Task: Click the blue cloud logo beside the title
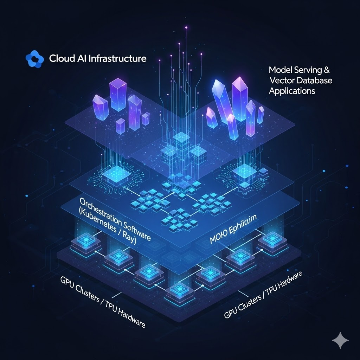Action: pyautogui.click(x=35, y=59)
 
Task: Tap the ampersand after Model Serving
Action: pyautogui.click(x=326, y=70)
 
